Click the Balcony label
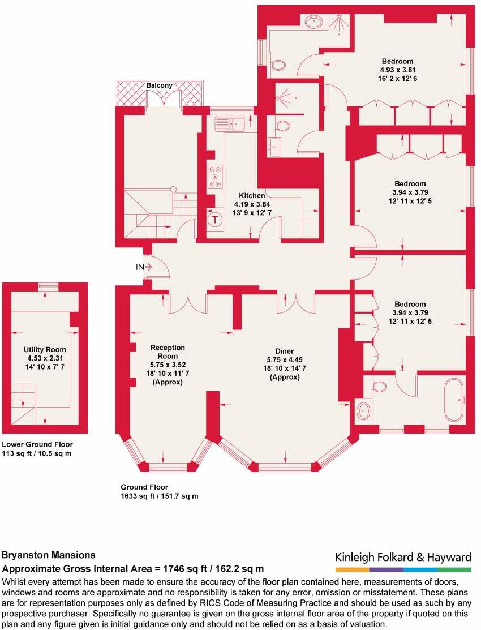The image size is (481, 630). pos(159,85)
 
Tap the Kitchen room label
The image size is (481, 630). pos(252,196)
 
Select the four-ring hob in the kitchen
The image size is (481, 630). pos(216,175)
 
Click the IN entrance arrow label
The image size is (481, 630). pos(140,267)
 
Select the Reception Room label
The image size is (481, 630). pos(168,352)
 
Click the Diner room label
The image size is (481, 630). pos(284,351)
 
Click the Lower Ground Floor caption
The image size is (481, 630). pos(37,444)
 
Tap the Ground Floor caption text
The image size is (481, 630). pos(144,487)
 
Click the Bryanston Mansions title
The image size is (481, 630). pos(49,555)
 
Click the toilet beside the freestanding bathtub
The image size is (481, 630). pos(380,387)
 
